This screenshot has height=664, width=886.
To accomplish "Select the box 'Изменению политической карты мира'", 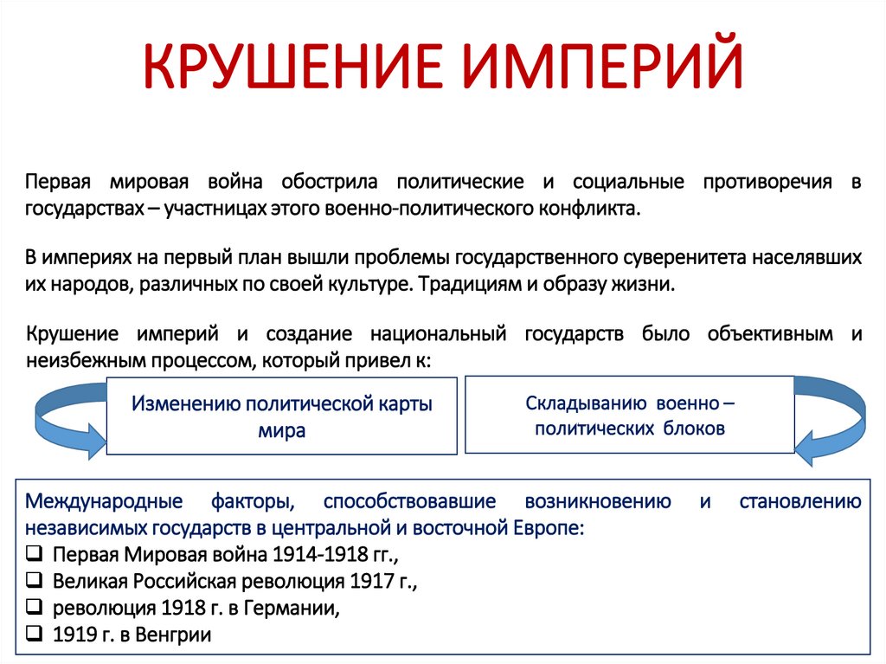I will point(281,416).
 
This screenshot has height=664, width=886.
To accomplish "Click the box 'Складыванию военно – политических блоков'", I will point(629,415).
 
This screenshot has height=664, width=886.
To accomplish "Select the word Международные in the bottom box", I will point(104,502).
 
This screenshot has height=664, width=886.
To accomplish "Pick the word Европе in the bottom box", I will point(553,527).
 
